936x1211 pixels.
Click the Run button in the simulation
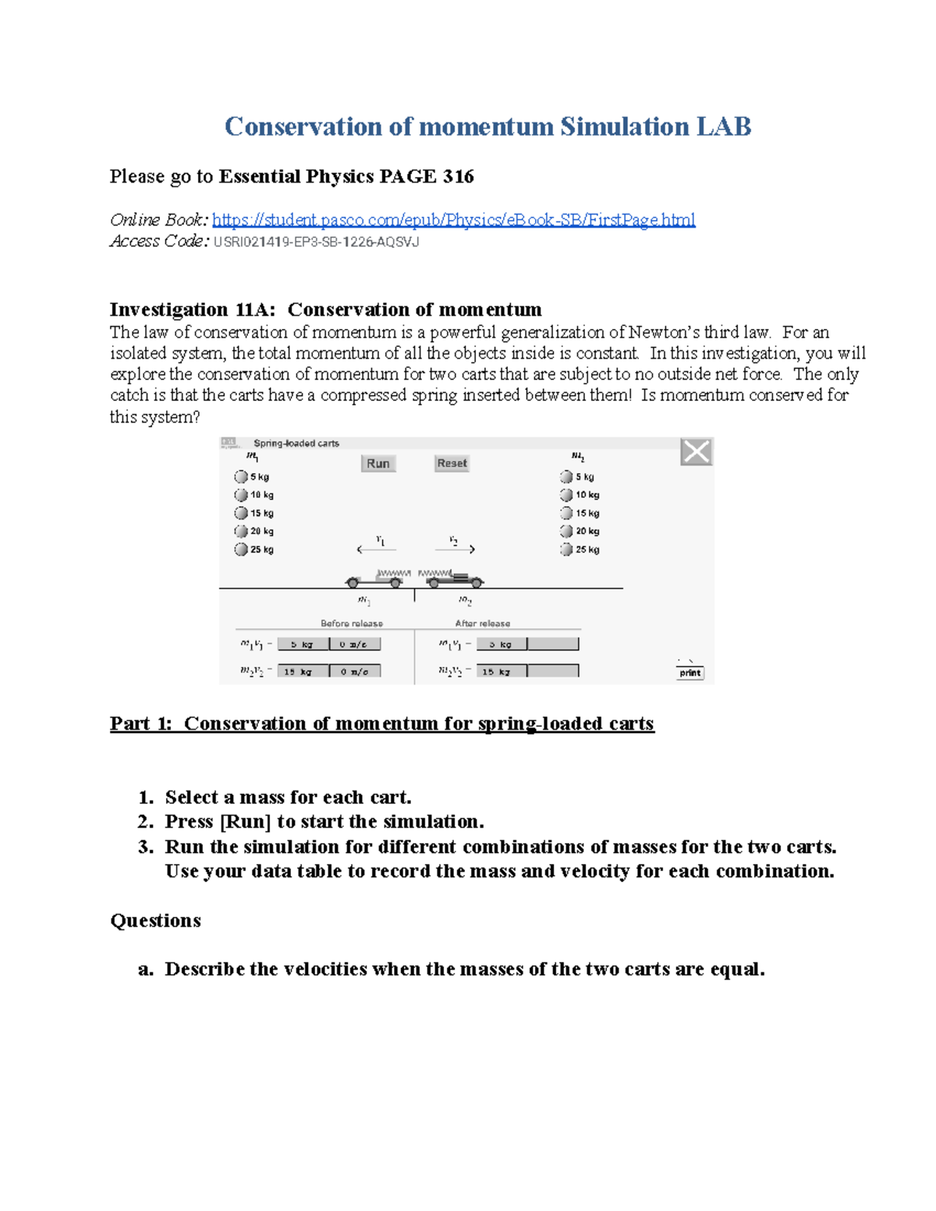coord(378,463)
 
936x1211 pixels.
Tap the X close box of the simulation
coord(696,451)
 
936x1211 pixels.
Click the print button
coord(690,673)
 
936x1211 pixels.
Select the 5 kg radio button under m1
coord(241,476)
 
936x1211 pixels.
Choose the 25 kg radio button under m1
coord(241,549)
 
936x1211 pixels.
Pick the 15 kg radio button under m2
coord(566,513)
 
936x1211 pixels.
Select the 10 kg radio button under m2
coord(566,495)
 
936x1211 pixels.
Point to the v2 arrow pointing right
coord(456,550)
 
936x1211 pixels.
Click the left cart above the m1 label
coord(374,579)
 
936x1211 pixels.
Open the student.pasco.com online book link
coord(453,220)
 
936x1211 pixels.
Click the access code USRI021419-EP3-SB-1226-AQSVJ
coord(316,242)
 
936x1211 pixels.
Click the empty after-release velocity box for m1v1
coord(553,644)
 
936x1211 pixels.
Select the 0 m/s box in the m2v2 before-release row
coord(355,671)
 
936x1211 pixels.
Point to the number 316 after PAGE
coord(458,176)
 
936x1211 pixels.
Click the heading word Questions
coord(156,921)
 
